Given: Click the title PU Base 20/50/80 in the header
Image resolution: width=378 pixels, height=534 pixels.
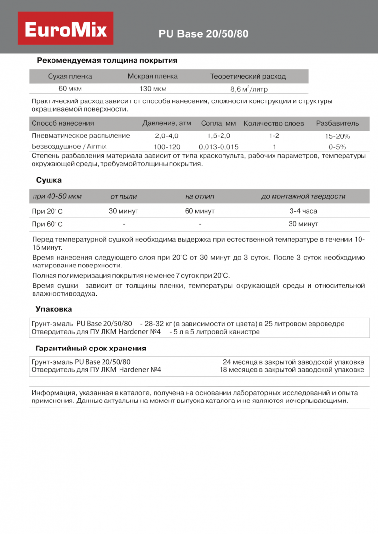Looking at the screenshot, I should tap(204, 34).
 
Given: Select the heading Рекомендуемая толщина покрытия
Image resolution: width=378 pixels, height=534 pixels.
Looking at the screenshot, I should tap(107, 61).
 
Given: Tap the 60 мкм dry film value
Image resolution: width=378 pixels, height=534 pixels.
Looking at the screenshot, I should tap(70, 89).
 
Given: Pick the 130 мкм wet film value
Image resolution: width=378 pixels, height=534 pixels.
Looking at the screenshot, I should tap(153, 89).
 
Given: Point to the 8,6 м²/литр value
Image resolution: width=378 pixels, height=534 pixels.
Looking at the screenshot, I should tap(248, 89).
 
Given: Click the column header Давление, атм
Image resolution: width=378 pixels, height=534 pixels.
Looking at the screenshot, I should tap(167, 123).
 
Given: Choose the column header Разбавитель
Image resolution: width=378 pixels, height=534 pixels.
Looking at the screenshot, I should tap(337, 123).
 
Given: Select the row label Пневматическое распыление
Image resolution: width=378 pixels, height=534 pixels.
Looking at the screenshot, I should tap(81, 136).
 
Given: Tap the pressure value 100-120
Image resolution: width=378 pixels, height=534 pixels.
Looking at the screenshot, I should tap(167, 147).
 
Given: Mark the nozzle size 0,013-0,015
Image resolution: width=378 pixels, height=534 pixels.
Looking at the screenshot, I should tap(219, 147).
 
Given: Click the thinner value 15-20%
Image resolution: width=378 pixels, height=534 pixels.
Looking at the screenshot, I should tap(338, 136).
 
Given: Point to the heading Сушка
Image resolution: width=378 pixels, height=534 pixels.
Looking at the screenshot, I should tap(49, 180).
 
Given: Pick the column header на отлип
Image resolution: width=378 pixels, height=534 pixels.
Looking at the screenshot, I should tap(200, 196).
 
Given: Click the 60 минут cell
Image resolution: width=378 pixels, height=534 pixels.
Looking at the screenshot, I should tap(200, 211).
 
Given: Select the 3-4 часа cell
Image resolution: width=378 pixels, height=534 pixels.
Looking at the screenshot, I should tap(303, 211).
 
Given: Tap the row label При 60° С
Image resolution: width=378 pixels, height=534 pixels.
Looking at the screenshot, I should tap(47, 224).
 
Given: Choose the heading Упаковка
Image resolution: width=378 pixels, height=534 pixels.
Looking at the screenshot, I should tap(54, 309).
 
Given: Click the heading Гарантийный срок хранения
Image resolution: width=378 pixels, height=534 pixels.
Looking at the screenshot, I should tap(91, 349).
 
